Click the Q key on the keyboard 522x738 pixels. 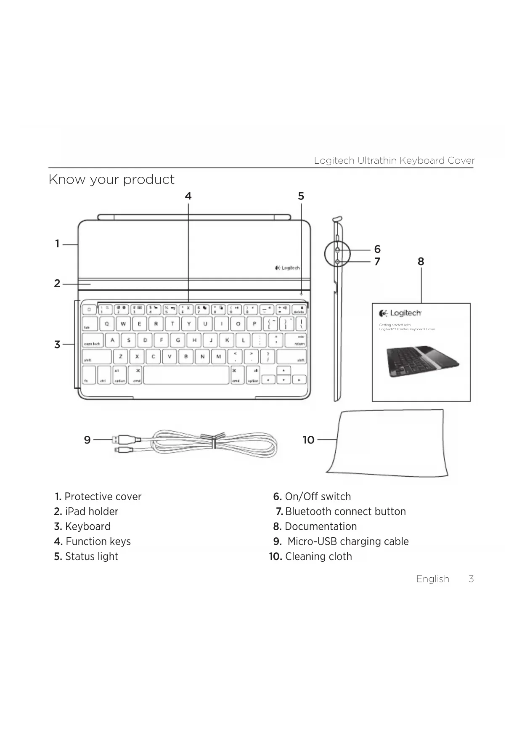(x=107, y=324)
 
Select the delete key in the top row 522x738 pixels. (x=299, y=310)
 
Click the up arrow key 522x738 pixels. (x=284, y=371)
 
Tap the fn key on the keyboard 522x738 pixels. (x=88, y=375)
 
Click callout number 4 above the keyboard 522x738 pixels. (x=188, y=196)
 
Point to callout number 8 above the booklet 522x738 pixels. (x=421, y=262)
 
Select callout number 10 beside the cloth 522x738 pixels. (x=308, y=440)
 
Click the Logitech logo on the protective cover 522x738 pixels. (x=287, y=268)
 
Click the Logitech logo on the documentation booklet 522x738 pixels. (x=400, y=313)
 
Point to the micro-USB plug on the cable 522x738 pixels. (x=124, y=451)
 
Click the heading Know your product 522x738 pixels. (x=111, y=180)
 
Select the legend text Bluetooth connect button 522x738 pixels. (x=345, y=512)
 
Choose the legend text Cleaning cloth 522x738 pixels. (x=318, y=557)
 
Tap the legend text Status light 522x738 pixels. (x=91, y=557)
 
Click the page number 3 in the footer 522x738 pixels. (x=471, y=579)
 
